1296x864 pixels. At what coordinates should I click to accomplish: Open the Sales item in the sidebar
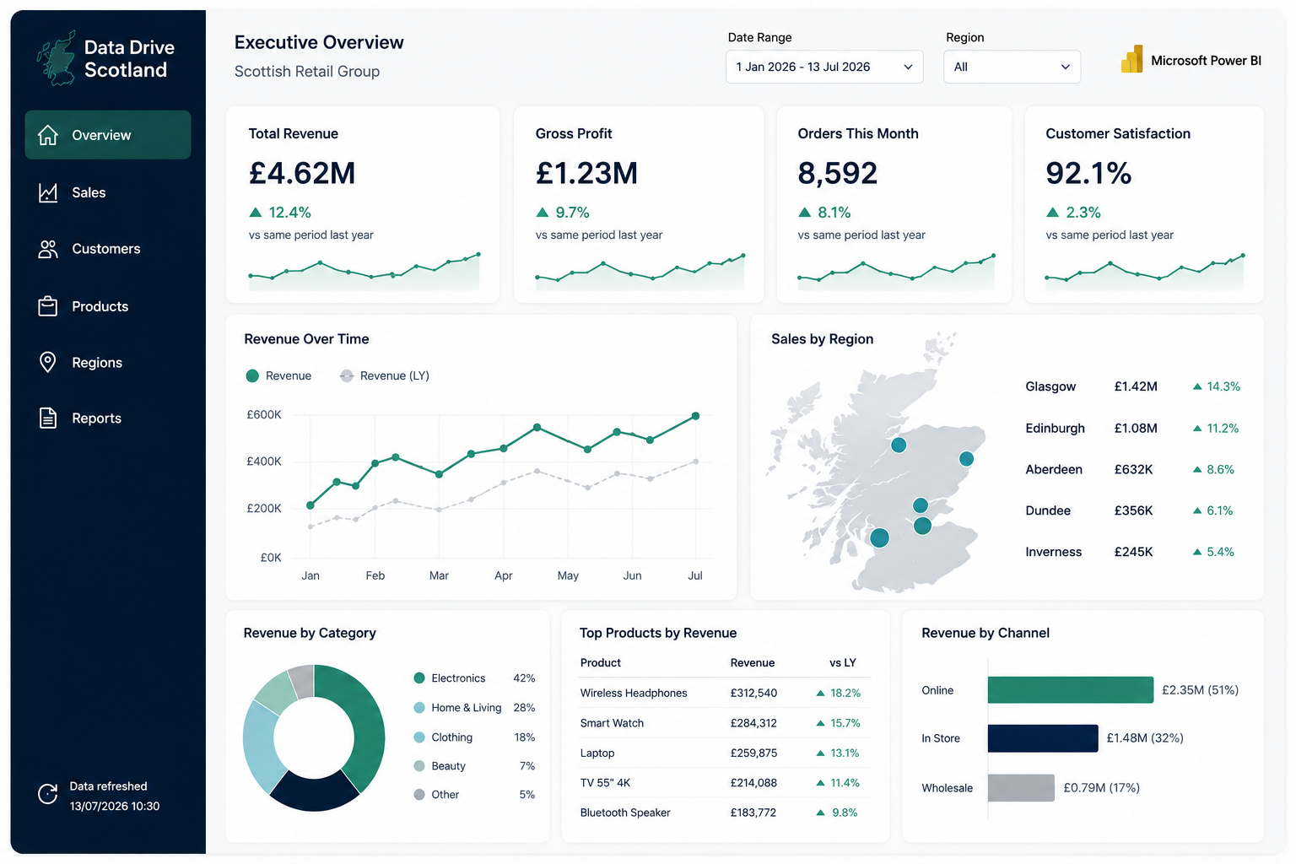pyautogui.click(x=89, y=192)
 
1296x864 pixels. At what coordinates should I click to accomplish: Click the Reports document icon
pyautogui.click(x=47, y=418)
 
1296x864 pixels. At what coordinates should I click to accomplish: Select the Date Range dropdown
pyautogui.click(x=823, y=67)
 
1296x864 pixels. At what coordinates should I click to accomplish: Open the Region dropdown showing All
pyautogui.click(x=1012, y=67)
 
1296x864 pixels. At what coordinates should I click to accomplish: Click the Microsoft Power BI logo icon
pyautogui.click(x=1131, y=59)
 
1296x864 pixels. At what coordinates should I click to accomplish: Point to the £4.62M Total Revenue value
pyautogui.click(x=301, y=173)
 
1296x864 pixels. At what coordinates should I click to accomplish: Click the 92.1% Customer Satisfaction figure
pyautogui.click(x=1088, y=173)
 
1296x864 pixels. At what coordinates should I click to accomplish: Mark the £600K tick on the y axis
pyautogui.click(x=264, y=414)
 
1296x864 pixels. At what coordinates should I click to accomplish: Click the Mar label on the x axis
pyautogui.click(x=439, y=575)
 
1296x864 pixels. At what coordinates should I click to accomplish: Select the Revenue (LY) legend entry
pyautogui.click(x=385, y=375)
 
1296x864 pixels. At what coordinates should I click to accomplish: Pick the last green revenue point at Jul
pyautogui.click(x=695, y=416)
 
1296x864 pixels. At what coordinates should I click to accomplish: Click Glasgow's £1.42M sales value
pyautogui.click(x=1135, y=386)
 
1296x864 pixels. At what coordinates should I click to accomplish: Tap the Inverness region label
pyautogui.click(x=1053, y=552)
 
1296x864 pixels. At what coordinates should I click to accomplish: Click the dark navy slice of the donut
pyautogui.click(x=314, y=791)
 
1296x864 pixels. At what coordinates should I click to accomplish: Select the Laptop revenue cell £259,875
pyautogui.click(x=753, y=753)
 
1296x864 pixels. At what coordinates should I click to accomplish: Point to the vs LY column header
pyautogui.click(x=842, y=662)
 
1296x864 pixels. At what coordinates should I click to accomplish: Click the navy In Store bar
pyautogui.click(x=1043, y=737)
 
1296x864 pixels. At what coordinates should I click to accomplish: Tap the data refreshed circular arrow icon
pyautogui.click(x=47, y=794)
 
